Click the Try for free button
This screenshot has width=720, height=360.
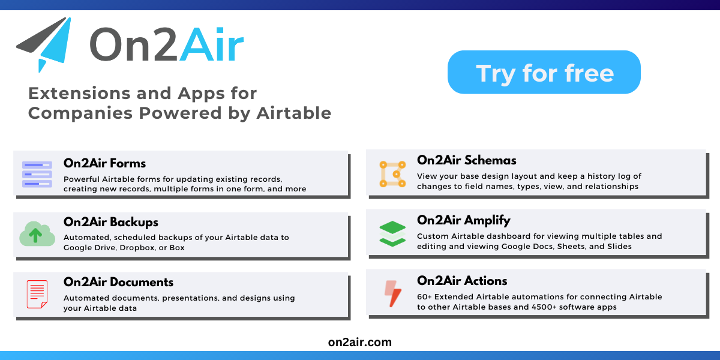click(544, 73)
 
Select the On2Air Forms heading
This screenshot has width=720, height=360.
click(104, 163)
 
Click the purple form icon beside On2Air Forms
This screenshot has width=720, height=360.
click(37, 174)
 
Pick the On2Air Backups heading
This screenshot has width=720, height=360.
click(110, 222)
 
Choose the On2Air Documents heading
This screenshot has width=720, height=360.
click(118, 282)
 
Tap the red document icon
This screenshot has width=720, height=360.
click(37, 294)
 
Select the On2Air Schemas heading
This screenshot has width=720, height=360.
click(466, 160)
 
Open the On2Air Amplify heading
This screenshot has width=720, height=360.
click(464, 220)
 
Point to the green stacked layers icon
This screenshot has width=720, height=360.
click(392, 233)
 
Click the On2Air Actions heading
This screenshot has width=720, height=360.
click(462, 281)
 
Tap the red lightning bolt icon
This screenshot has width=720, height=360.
click(392, 293)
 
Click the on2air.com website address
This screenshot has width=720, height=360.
click(360, 342)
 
